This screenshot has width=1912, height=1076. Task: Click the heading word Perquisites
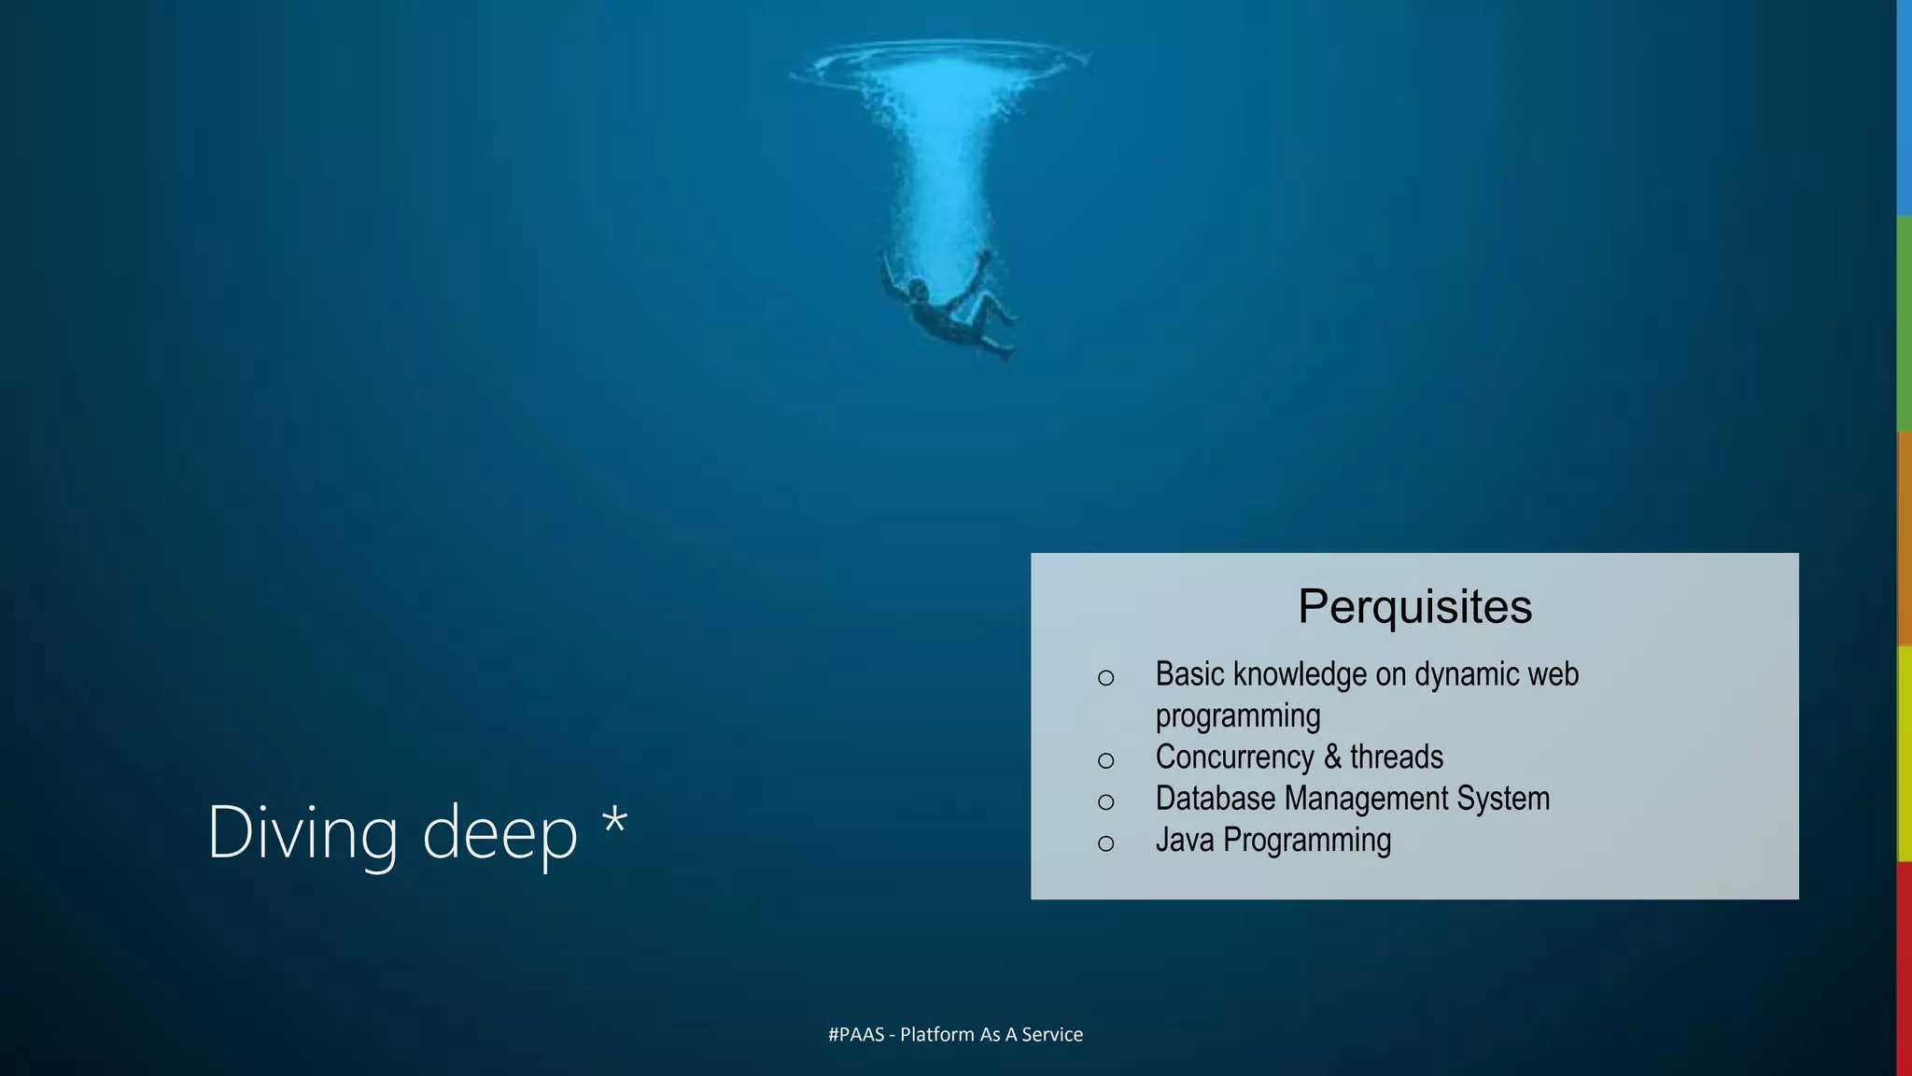pyautogui.click(x=1414, y=606)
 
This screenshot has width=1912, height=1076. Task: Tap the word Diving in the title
pyautogui.click(x=302, y=832)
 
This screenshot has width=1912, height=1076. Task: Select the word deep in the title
pyautogui.click(x=499, y=834)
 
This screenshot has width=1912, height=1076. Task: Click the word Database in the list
pyautogui.click(x=1214, y=799)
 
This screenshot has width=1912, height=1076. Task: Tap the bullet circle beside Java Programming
pyautogui.click(x=1106, y=843)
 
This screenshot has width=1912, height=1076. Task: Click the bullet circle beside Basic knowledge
pyautogui.click(x=1106, y=678)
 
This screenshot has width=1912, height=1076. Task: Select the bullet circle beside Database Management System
pyautogui.click(x=1106, y=801)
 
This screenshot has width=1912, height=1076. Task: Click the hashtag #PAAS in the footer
pyautogui.click(x=855, y=1034)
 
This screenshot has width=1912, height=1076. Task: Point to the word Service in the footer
pyautogui.click(x=1052, y=1034)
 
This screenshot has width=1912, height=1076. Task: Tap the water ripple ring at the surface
pyautogui.click(x=938, y=61)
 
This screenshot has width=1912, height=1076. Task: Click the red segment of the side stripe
pyautogui.click(x=1905, y=967)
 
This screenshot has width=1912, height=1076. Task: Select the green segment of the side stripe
pyautogui.click(x=1905, y=323)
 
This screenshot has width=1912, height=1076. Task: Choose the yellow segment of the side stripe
pyautogui.click(x=1905, y=753)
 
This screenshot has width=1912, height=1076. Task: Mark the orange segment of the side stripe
pyautogui.click(x=1905, y=538)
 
